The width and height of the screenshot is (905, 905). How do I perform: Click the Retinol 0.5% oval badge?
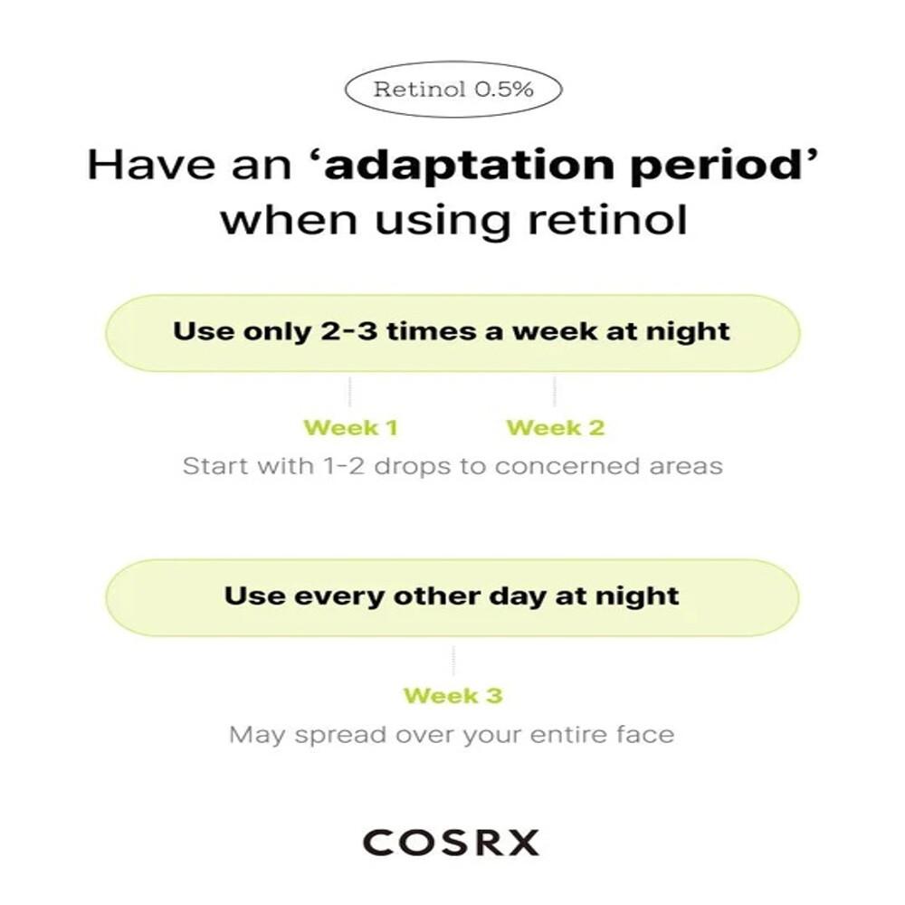click(x=453, y=90)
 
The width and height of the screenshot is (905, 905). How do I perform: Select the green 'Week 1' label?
click(x=350, y=427)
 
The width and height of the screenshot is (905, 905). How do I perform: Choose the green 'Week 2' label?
click(x=555, y=427)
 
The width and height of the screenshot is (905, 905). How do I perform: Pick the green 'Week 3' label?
click(x=452, y=696)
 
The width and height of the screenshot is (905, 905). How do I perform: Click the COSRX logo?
click(x=451, y=842)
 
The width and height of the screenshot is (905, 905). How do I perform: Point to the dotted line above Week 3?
click(x=452, y=661)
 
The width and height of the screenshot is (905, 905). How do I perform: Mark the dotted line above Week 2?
click(x=555, y=392)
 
